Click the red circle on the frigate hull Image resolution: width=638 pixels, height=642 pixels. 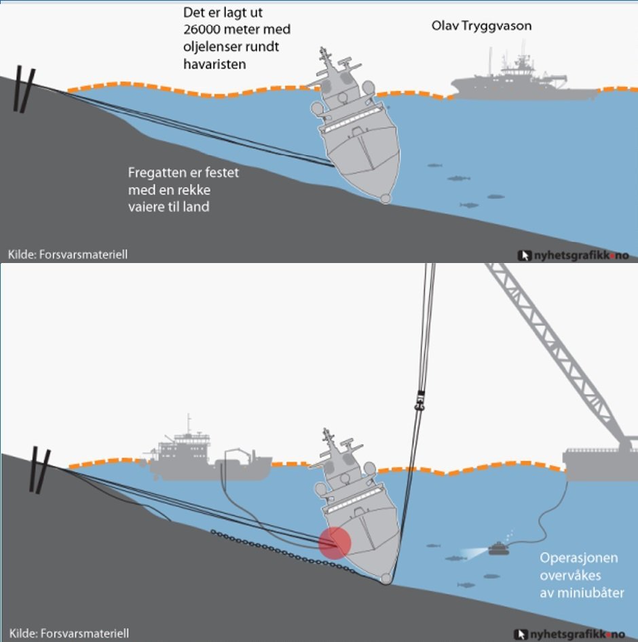pos(335,543)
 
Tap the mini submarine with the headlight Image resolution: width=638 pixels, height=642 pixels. pos(499,548)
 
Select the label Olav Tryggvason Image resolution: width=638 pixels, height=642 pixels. pos(481,26)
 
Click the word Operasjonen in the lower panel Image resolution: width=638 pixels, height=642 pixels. pos(578,558)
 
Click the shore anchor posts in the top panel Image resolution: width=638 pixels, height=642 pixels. pos(24,89)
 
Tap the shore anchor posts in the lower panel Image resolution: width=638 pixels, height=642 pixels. pos(40,469)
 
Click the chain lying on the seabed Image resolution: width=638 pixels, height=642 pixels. pos(283,552)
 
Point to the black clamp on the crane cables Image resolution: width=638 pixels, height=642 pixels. pos(419,401)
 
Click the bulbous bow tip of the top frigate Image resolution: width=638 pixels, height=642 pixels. pos(386,199)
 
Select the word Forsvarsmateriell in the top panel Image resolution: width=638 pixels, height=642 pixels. pos(83,254)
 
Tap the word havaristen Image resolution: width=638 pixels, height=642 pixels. pos(214,64)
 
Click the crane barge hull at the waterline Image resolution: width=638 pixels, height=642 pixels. pos(600,464)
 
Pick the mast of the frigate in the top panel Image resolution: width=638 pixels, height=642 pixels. pos(325,58)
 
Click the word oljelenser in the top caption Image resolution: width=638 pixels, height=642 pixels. pos(211,47)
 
